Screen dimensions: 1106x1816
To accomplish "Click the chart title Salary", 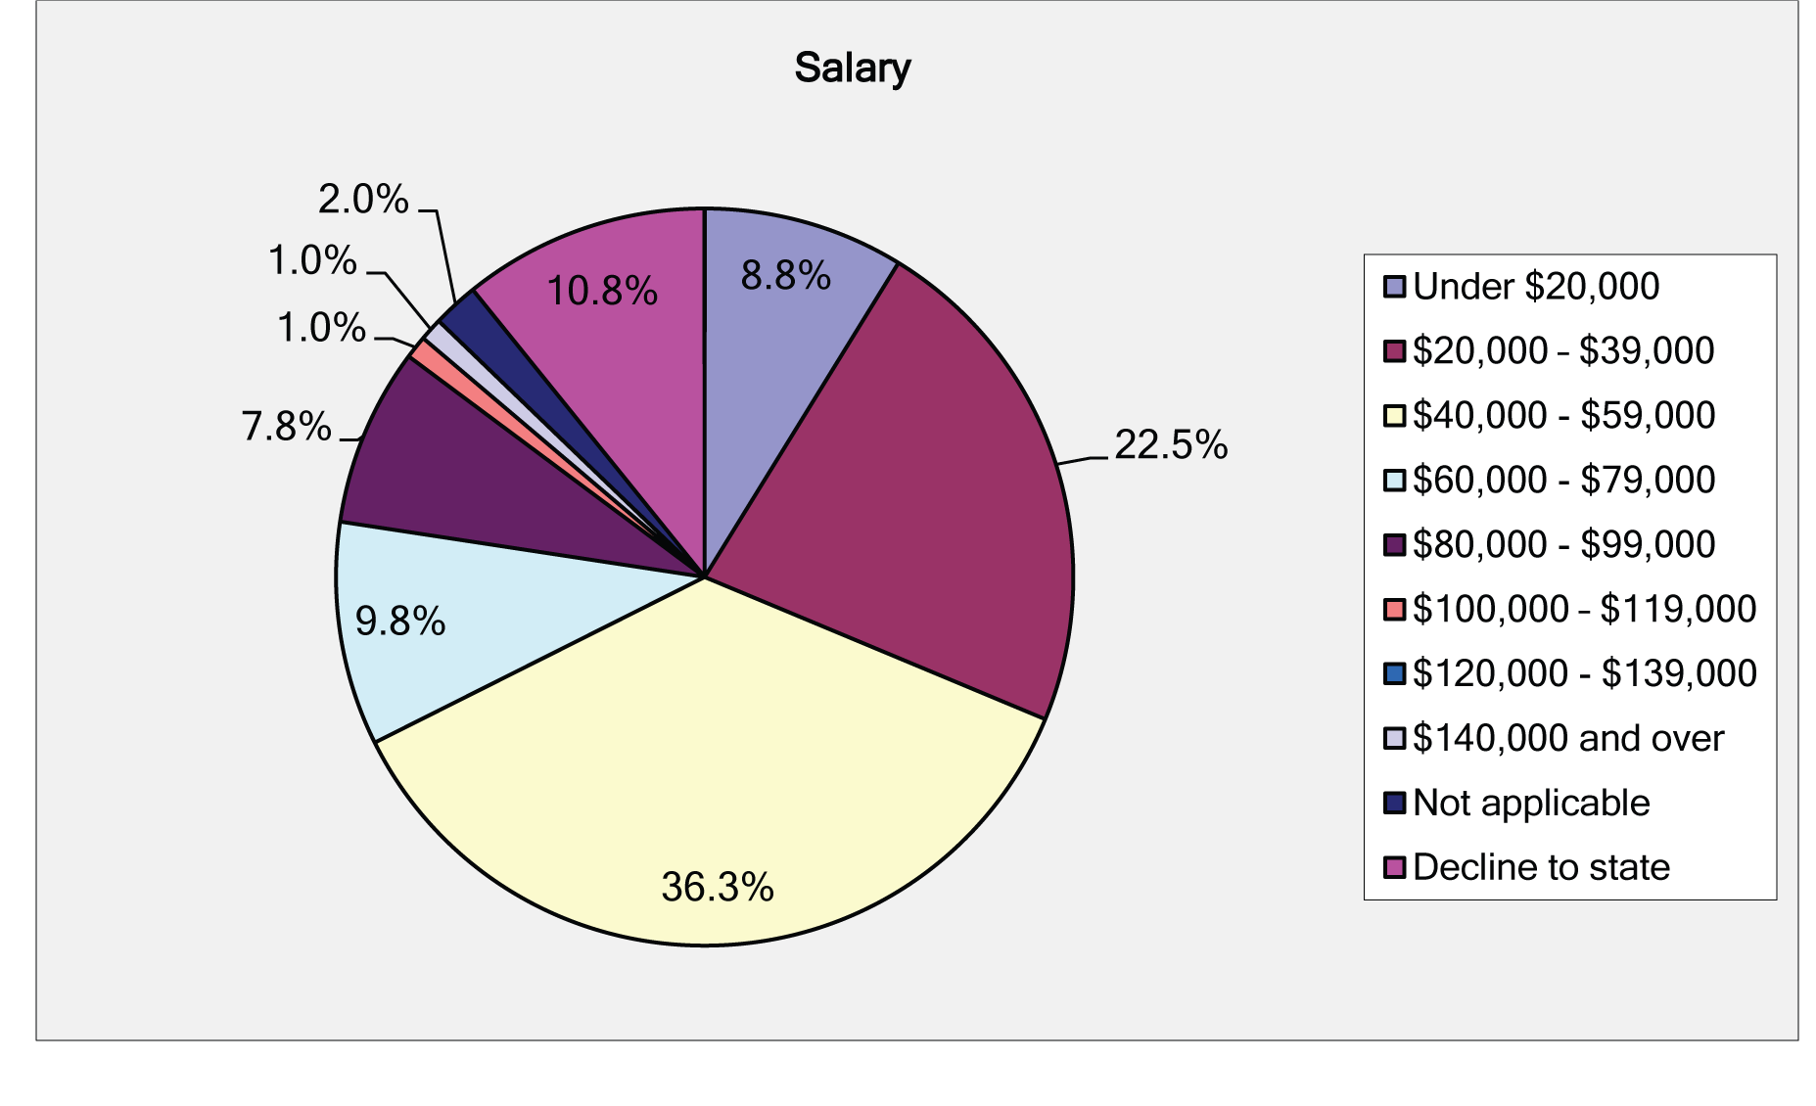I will click(x=852, y=69).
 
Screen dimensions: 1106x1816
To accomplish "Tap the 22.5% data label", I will click(x=1171, y=445).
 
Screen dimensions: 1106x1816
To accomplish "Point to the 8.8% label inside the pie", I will click(x=785, y=276).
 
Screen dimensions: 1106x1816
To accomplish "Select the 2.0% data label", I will click(x=363, y=200).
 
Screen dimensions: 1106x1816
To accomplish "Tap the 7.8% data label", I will click(x=286, y=427).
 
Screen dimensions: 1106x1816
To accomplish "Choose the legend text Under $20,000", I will click(x=1536, y=287).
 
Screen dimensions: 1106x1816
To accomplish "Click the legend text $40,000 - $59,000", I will click(x=1563, y=416).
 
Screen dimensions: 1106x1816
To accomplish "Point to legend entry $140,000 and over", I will click(x=1567, y=739).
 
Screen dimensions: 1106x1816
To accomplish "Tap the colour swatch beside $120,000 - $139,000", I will click(x=1395, y=674).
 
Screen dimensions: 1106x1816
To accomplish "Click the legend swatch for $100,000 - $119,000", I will click(x=1395, y=610).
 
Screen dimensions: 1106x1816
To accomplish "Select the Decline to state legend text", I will click(x=1541, y=868).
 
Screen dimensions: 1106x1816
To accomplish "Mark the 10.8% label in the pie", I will click(x=601, y=292).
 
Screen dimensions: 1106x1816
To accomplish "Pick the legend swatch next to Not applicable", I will click(x=1395, y=804).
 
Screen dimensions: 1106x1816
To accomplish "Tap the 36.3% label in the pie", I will click(x=717, y=888).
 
